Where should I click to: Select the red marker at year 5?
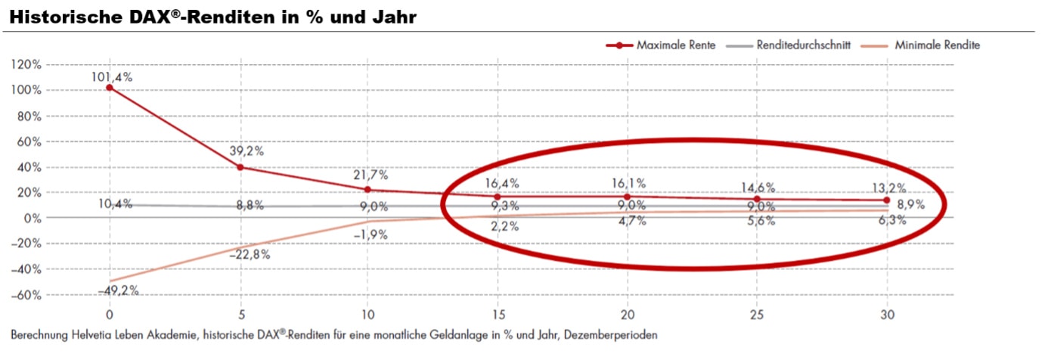240,167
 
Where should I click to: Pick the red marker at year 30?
887,200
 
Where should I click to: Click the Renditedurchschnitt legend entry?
803,45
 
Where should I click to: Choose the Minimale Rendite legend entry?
937,45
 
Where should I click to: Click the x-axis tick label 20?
628,314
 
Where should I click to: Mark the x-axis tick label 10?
369,314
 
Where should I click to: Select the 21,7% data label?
370,175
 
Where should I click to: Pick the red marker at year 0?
110,88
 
